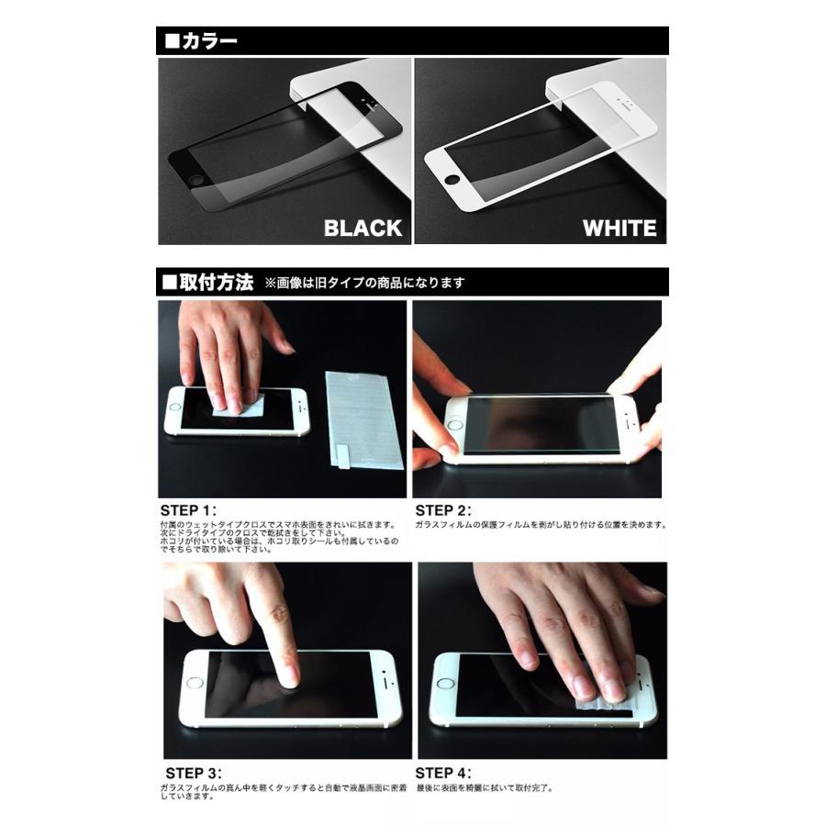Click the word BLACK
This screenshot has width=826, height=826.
pyautogui.click(x=363, y=228)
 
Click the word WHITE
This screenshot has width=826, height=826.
pyautogui.click(x=619, y=228)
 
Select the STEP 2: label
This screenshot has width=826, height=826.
pyautogui.click(x=443, y=510)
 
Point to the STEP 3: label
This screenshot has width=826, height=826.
pyautogui.click(x=194, y=773)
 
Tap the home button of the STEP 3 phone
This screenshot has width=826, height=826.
pyautogui.click(x=194, y=684)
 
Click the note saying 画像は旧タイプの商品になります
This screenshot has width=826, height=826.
pyautogui.click(x=364, y=284)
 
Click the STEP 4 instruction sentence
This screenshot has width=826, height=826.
pyautogui.click(x=484, y=787)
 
